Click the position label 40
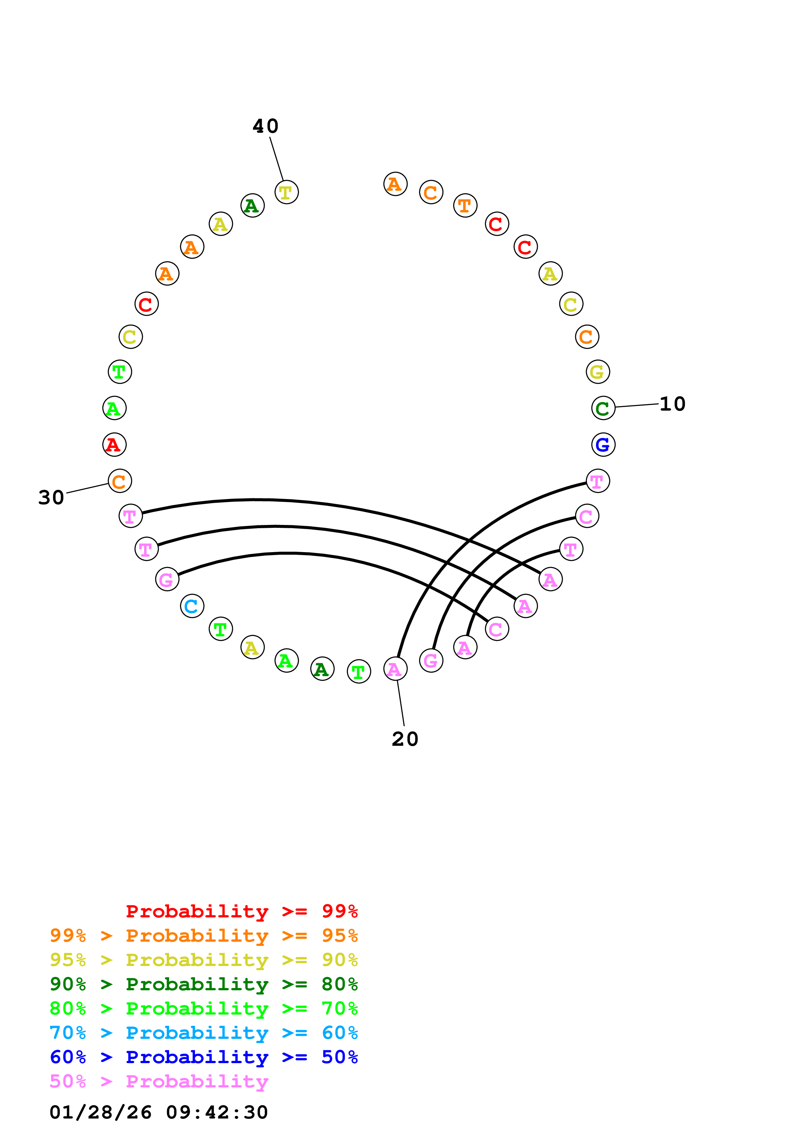(265, 126)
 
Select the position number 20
(405, 739)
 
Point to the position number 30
(51, 497)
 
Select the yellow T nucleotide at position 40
(286, 192)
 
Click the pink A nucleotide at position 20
(395, 669)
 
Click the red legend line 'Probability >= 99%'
(241, 911)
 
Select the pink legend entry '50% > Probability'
(159, 1082)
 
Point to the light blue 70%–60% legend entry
(203, 1033)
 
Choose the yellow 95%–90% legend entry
(203, 960)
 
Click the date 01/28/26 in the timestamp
(100, 1112)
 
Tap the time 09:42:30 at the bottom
(217, 1112)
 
